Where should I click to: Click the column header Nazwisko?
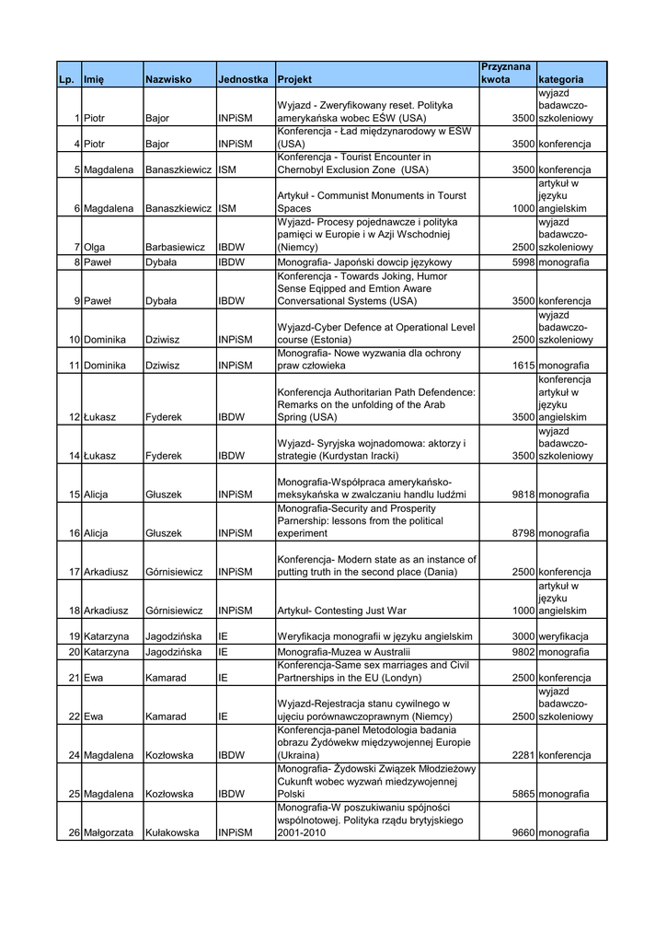click(168, 80)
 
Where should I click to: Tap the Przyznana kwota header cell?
click(506, 74)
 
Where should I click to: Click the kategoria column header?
click(560, 80)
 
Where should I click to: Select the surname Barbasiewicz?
click(174, 248)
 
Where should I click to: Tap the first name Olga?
click(94, 248)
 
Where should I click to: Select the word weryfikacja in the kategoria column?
click(564, 636)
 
